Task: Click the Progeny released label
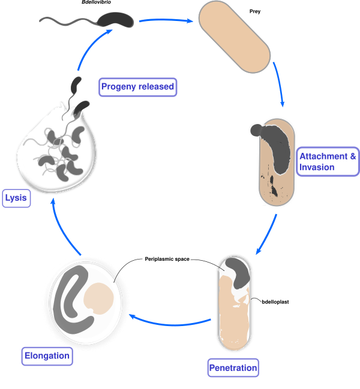point(138,88)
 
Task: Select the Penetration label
point(233,367)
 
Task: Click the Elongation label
point(47,357)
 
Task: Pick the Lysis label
point(16,198)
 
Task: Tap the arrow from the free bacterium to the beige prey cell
point(165,21)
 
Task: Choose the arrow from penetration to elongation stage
point(171,323)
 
